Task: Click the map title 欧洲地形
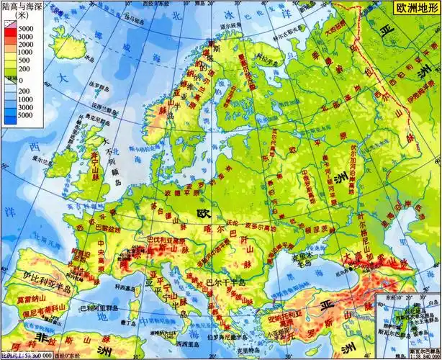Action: tap(412, 10)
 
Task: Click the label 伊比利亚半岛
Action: tap(48, 277)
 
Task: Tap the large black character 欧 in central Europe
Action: tap(204, 214)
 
